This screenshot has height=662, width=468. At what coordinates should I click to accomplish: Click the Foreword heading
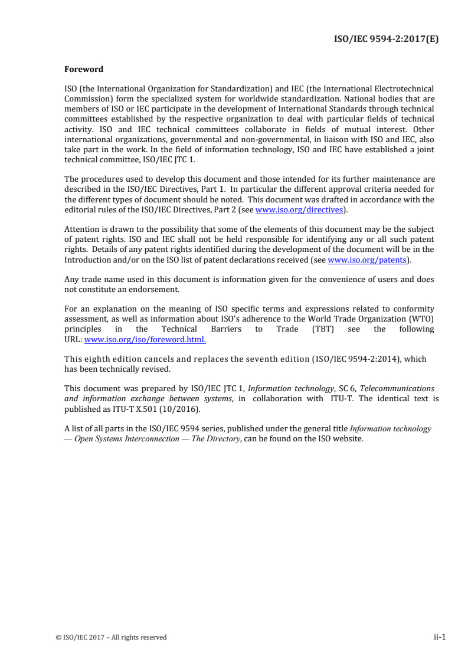coord(83,69)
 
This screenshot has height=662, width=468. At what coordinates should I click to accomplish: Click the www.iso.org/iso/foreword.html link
coord(145,340)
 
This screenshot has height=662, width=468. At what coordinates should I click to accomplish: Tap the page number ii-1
coord(438,637)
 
